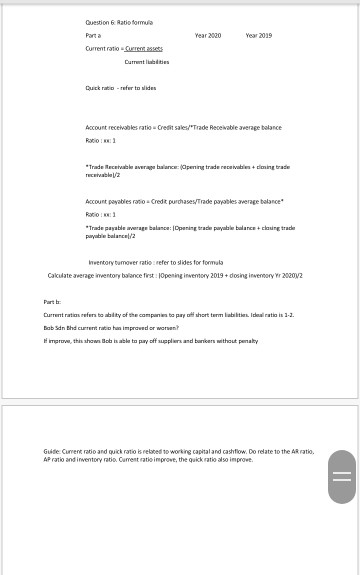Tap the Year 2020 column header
(x=207, y=34)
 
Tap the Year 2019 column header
(x=259, y=34)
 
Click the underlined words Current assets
(x=143, y=46)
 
